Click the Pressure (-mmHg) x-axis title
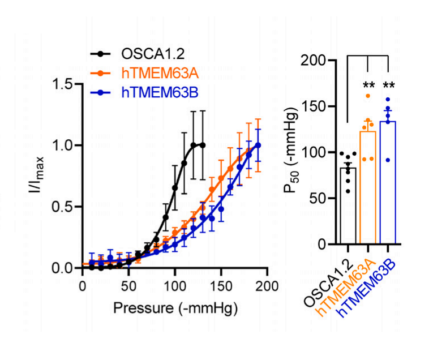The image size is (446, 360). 175,308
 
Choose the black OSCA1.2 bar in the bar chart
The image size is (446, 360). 348,207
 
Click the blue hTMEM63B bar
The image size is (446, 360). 388,183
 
